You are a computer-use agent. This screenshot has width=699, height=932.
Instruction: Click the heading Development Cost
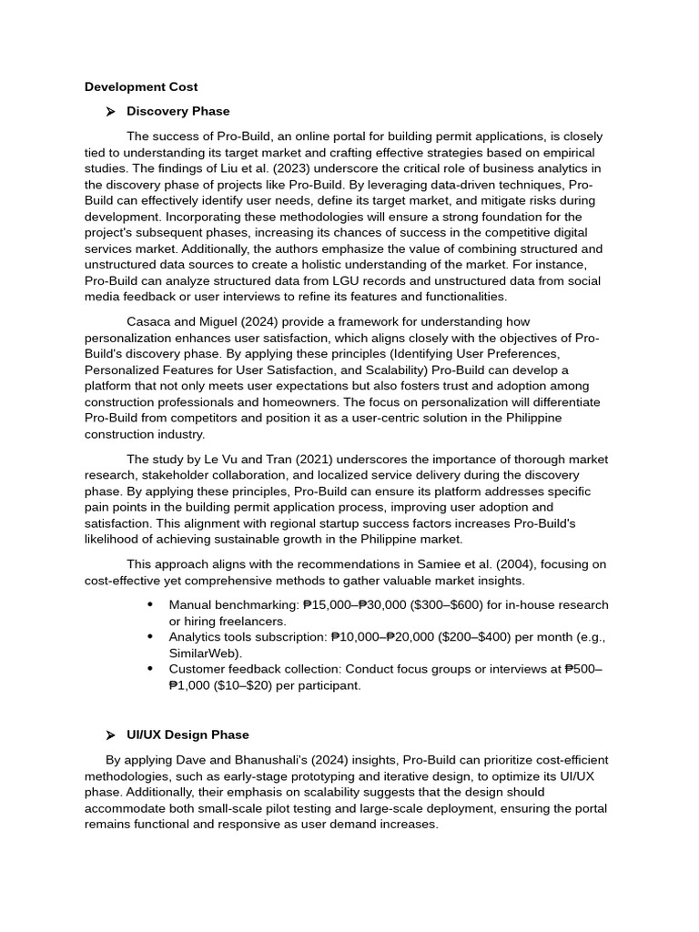click(141, 87)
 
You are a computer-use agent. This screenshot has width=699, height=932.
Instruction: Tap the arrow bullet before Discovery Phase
click(110, 112)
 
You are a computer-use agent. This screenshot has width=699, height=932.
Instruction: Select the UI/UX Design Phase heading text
click(187, 734)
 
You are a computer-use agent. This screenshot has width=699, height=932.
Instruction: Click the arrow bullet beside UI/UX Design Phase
click(110, 735)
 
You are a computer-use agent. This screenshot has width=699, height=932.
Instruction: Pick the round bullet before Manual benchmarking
click(149, 605)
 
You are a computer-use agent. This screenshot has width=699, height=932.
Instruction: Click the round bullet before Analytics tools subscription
click(149, 637)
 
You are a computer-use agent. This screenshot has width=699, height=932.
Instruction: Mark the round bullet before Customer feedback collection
click(149, 669)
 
